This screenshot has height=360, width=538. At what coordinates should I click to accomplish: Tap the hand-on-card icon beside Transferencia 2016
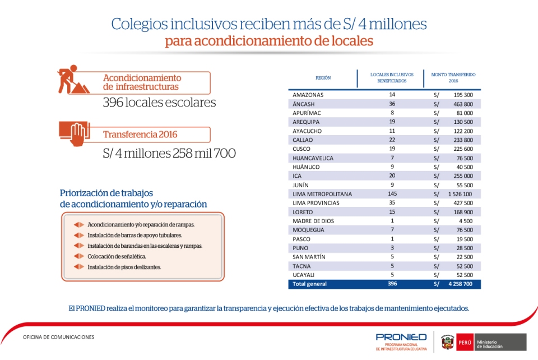click(75, 133)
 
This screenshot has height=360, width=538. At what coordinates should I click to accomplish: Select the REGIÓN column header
click(323, 77)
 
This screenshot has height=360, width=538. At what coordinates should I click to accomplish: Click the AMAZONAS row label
click(308, 95)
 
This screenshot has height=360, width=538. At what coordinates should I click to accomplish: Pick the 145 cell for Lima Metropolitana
click(392, 194)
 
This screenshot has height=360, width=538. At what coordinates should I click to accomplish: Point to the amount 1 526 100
click(461, 194)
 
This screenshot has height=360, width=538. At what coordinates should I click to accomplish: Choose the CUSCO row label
click(302, 149)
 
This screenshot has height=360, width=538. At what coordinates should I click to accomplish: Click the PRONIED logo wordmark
click(401, 336)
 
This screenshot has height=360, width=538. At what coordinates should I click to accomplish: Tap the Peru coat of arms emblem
click(447, 341)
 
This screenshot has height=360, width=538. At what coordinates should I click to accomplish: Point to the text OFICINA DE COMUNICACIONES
click(59, 337)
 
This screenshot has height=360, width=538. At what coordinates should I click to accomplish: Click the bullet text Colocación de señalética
click(117, 256)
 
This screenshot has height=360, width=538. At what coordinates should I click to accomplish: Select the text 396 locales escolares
click(159, 103)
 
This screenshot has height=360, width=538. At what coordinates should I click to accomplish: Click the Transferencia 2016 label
click(140, 135)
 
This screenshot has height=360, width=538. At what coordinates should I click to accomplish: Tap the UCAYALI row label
click(304, 275)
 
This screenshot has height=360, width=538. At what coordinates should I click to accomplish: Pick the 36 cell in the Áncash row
click(392, 104)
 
